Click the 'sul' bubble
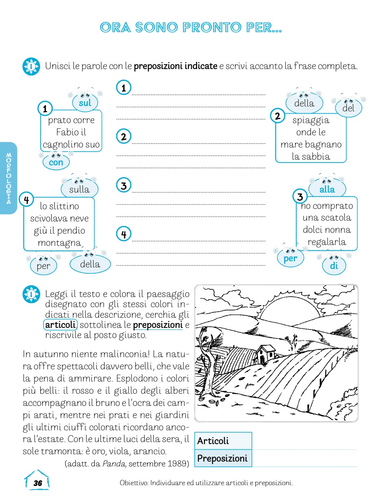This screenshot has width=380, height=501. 85,103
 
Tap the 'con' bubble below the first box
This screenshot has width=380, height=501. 56,163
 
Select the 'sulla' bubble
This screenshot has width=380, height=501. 79,189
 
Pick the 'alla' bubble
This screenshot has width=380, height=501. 327,189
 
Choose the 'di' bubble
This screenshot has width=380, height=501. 334,266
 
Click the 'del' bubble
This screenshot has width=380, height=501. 348,108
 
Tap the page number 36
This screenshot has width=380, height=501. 37,483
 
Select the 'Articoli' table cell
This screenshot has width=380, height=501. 223,441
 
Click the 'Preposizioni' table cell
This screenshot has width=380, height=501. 223,458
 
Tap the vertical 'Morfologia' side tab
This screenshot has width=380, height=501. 9,178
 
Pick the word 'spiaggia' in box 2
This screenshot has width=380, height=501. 311,120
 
